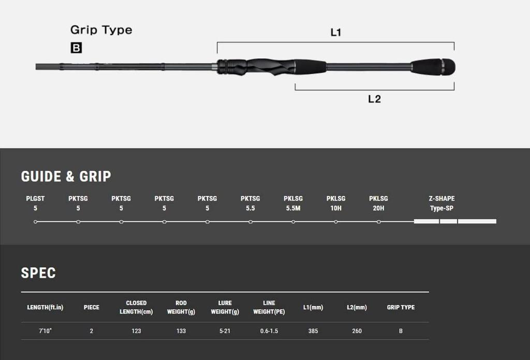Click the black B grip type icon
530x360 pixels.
76,48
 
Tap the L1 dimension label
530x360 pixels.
335,33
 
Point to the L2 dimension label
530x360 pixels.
375,99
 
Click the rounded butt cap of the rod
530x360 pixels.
449,67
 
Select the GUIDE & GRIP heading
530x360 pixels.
66,176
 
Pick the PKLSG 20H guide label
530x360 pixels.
378,203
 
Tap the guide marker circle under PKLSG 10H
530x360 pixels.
335,222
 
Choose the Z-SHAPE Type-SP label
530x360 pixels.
442,203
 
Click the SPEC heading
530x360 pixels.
38,273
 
